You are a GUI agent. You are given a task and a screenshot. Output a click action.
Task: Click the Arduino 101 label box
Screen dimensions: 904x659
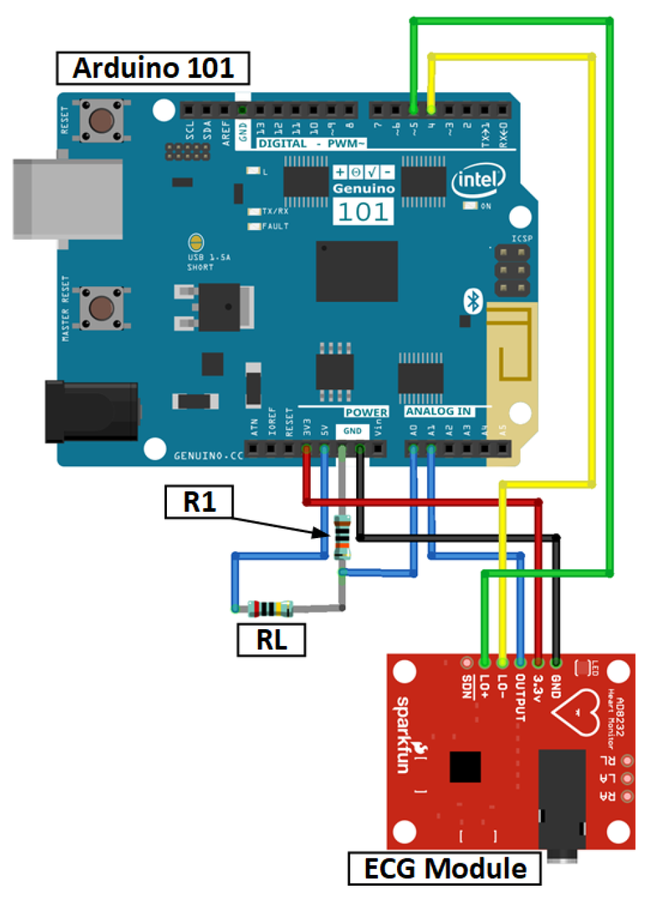pyautogui.click(x=153, y=69)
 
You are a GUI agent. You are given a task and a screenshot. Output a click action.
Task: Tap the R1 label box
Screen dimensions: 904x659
pyautogui.click(x=199, y=502)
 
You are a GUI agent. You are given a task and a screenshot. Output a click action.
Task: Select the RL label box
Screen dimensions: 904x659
pyautogui.click(x=271, y=640)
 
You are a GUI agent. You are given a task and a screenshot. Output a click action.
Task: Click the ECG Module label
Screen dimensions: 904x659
pyautogui.click(x=445, y=869)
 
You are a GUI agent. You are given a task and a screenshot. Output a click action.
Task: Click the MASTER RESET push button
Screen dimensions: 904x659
pyautogui.click(x=101, y=308)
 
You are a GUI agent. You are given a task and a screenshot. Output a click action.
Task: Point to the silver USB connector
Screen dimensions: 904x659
pyautogui.click(x=68, y=199)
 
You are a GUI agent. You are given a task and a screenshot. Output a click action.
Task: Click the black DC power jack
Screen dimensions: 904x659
pyautogui.click(x=92, y=411)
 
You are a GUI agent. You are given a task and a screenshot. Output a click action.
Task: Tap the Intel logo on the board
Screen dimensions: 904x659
pyautogui.click(x=478, y=180)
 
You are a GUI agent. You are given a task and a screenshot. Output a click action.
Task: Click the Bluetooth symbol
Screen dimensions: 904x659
pyautogui.click(x=473, y=301)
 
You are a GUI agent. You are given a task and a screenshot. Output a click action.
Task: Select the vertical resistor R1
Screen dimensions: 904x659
pyautogui.click(x=342, y=536)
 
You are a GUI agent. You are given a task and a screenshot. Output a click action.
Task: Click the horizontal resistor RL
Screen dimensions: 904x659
pyautogui.click(x=270, y=608)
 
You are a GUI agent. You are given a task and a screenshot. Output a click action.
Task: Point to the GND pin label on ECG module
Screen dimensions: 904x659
pyautogui.click(x=556, y=686)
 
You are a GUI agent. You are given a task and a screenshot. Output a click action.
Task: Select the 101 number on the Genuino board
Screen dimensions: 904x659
pyautogui.click(x=363, y=212)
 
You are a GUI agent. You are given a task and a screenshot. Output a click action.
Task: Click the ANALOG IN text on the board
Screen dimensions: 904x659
pyautogui.click(x=438, y=411)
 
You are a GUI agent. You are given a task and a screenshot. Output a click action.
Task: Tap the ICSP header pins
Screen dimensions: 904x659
pyautogui.click(x=512, y=271)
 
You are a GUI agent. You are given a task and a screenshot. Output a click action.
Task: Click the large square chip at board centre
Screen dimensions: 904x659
pyautogui.click(x=357, y=271)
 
